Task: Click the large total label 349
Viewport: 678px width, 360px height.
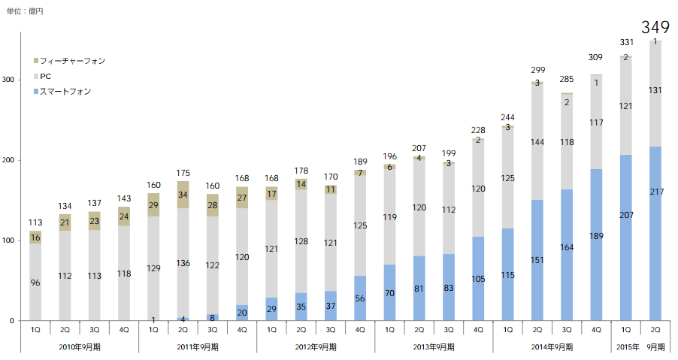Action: pyautogui.click(x=655, y=28)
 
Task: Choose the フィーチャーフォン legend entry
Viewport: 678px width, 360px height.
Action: pyautogui.click(x=72, y=60)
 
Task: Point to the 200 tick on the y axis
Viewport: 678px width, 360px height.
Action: pyautogui.click(x=8, y=161)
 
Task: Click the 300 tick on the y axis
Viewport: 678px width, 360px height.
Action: pyautogui.click(x=8, y=80)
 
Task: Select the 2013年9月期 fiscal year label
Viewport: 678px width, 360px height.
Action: pyautogui.click(x=434, y=346)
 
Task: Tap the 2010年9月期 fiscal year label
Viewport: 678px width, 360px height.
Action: pyautogui.click(x=80, y=346)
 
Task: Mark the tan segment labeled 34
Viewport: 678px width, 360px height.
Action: pyautogui.click(x=183, y=195)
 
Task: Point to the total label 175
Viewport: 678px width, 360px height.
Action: pyautogui.click(x=183, y=174)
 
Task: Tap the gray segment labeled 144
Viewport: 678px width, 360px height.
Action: pyautogui.click(x=537, y=141)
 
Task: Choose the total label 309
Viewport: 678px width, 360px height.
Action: pyautogui.click(x=596, y=57)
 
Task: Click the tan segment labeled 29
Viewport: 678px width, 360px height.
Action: pyautogui.click(x=153, y=205)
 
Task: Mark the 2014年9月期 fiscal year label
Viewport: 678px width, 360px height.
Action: pyautogui.click(x=552, y=346)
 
